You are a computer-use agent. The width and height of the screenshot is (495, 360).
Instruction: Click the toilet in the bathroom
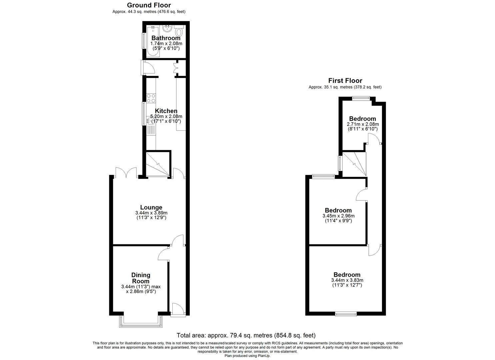179,32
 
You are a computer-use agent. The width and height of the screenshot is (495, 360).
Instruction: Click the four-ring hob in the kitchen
151,98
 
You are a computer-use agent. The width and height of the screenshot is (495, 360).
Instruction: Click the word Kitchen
166,111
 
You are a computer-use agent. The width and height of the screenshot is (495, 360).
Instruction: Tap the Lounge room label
151,207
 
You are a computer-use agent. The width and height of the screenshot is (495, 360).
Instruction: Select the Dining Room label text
141,278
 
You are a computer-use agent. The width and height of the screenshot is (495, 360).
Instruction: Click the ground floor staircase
158,163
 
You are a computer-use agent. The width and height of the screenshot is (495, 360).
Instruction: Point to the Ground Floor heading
149,5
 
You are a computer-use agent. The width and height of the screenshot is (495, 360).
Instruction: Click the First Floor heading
345,81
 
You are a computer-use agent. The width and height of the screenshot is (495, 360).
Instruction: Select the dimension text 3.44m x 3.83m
347,280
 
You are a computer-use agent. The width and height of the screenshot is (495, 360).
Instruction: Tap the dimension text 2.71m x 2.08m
363,124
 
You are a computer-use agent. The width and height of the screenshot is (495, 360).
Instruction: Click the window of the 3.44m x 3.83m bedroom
346,313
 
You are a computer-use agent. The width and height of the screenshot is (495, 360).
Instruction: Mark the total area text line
246,335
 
